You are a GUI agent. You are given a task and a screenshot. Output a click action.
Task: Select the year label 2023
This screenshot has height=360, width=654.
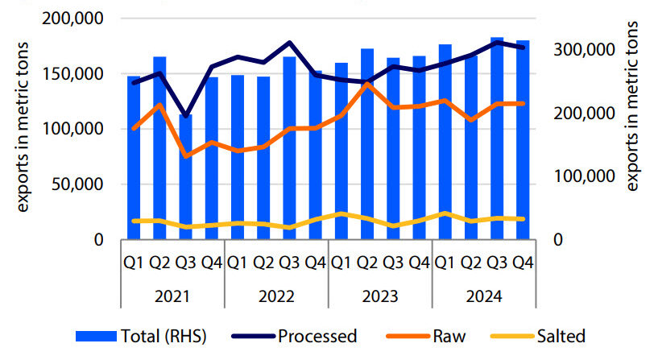click(380, 296)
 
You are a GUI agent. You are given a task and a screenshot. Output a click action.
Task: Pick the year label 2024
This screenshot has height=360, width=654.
click(484, 296)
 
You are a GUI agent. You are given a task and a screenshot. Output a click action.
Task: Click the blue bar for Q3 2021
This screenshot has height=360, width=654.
click(185, 177)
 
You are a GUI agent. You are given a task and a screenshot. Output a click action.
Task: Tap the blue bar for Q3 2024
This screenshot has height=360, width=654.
click(498, 139)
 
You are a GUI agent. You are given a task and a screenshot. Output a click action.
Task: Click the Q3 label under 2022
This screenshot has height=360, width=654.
click(289, 262)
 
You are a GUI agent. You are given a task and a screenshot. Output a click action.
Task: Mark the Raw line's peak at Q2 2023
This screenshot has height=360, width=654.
click(367, 84)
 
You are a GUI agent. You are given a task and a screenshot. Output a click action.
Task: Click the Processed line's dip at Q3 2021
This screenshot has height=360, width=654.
click(185, 117)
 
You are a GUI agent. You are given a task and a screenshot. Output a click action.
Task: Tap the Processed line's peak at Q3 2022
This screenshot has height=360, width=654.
click(289, 43)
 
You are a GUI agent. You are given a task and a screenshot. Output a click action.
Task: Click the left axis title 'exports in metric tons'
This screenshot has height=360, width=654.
click(24, 129)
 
